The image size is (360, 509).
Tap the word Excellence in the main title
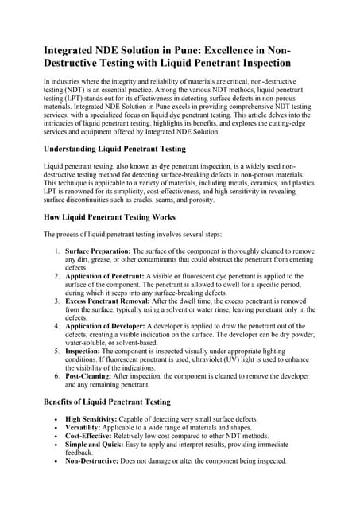(247, 49)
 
